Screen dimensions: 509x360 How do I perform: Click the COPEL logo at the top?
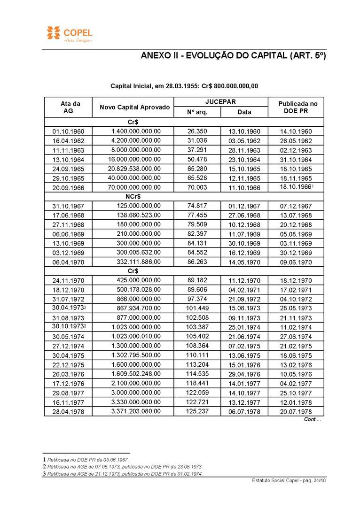pos(70,33)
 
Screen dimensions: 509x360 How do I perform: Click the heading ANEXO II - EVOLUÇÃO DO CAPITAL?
pos(233,55)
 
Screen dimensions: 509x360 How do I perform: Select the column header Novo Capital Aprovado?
pos(135,107)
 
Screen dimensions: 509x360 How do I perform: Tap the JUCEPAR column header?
pos(220,101)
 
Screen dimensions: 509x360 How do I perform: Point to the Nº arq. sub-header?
pos(197,112)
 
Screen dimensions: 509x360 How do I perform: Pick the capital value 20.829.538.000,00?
pos(134,169)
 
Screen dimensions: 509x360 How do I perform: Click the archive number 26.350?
pos(197,131)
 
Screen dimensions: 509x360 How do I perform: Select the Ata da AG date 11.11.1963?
pos(68,150)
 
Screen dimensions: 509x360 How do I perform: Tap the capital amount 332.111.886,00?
pos(139,262)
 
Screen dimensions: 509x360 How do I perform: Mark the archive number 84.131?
pos(197,243)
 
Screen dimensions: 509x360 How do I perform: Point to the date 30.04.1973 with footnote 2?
pos(69,308)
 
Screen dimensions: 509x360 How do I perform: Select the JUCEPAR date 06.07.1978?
pos(244,411)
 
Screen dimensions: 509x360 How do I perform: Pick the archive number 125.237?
pos(197,411)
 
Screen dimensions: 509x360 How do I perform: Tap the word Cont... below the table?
pos(312,419)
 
